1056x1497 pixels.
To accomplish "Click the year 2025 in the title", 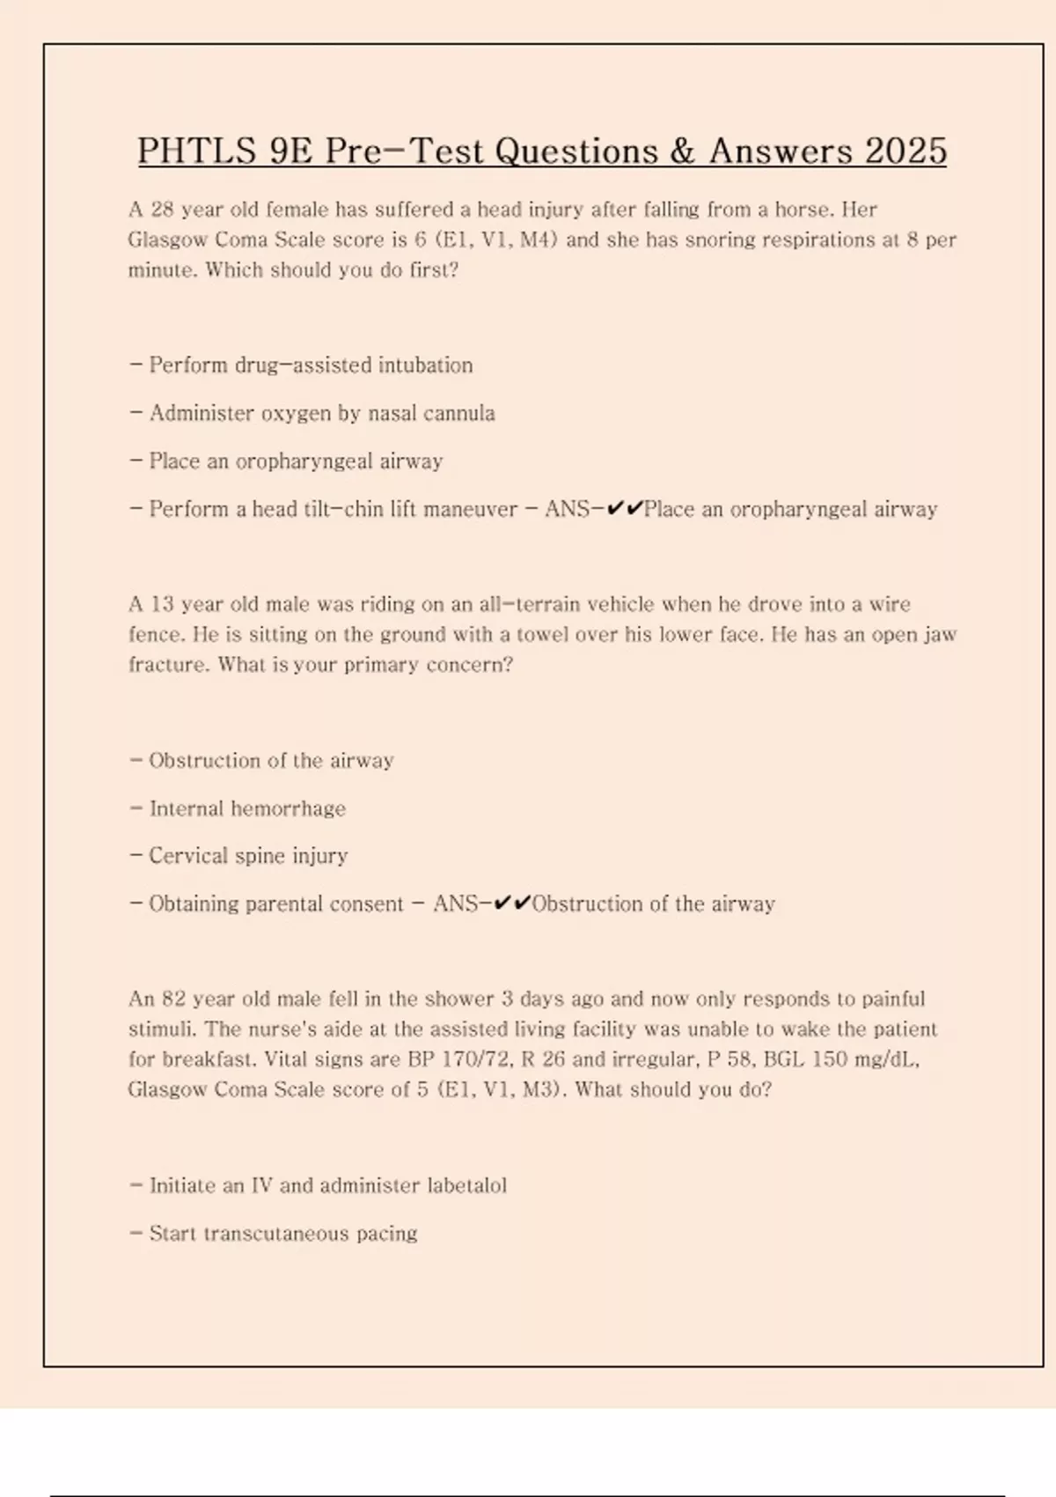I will [906, 151].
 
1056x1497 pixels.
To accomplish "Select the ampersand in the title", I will [682, 151].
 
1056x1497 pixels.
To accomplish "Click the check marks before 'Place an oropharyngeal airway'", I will [625, 508].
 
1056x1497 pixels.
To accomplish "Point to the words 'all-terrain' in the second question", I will [536, 604].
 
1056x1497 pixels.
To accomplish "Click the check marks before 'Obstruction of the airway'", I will [513, 903].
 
